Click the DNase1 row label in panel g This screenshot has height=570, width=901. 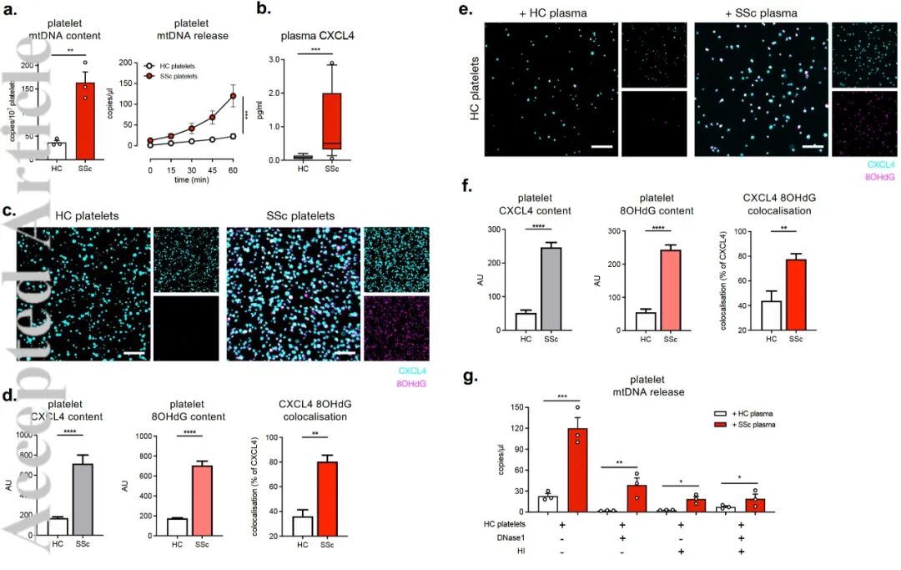pyautogui.click(x=501, y=538)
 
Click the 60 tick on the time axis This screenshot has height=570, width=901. pyautogui.click(x=234, y=170)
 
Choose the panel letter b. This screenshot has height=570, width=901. pyautogui.click(x=263, y=11)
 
